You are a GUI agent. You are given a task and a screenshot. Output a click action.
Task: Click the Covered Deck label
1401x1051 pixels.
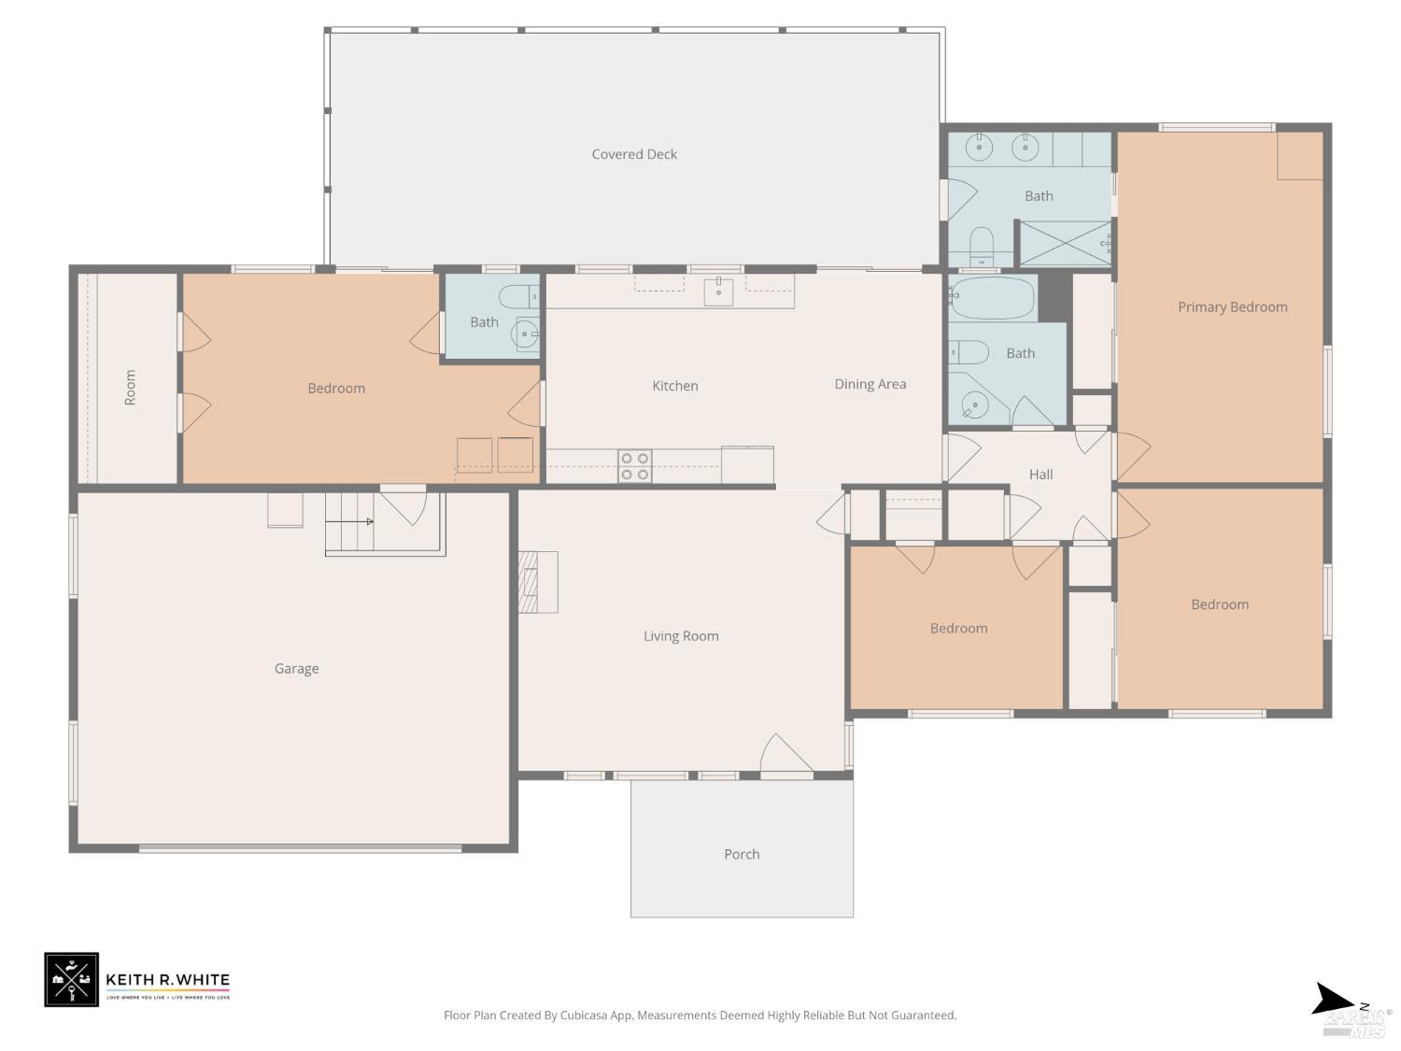coord(634,154)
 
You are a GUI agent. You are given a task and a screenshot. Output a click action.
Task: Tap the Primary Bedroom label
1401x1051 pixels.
coord(1232,307)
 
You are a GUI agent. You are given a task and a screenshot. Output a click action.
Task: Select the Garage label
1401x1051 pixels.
coord(296,669)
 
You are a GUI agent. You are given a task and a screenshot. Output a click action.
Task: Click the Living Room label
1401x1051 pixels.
coord(681,636)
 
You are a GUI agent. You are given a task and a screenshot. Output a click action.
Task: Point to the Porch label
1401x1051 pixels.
coord(742,854)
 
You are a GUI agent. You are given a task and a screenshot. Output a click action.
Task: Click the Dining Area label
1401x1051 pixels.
coord(870,384)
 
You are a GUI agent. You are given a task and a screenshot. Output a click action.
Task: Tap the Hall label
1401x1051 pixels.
coord(1040,475)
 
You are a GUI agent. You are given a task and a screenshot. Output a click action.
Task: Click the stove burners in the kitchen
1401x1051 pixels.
coord(635,466)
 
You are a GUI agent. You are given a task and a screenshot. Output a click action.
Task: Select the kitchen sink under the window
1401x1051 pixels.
coord(718,291)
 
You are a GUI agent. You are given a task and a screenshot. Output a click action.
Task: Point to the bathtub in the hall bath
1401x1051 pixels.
coord(992,298)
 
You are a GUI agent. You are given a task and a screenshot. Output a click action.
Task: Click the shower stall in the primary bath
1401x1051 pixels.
coord(1063,244)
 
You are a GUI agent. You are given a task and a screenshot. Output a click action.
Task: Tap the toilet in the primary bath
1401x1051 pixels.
coord(982,246)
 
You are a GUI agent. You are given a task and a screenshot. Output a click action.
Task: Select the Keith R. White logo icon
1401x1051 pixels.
coord(71,980)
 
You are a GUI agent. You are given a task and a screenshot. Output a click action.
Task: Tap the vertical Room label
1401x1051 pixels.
coord(130,387)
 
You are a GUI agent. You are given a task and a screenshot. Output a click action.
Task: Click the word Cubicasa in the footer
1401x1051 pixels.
coord(586,1015)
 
